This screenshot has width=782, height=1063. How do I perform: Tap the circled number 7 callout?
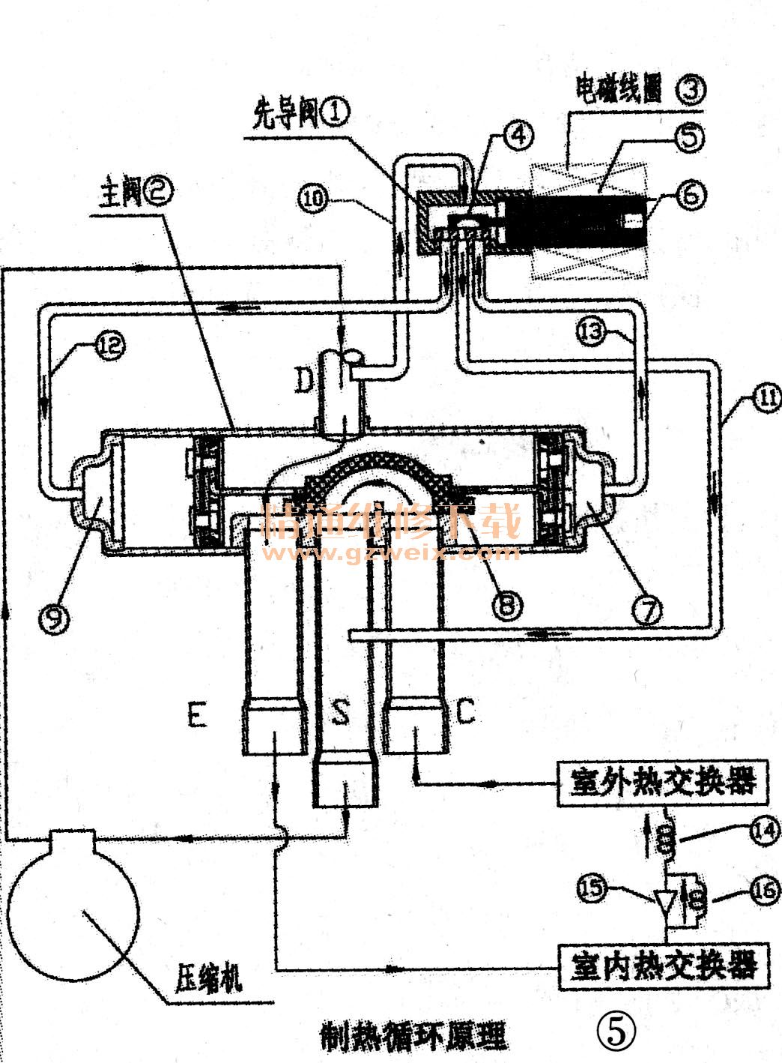click(646, 611)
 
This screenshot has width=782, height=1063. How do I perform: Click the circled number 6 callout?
click(689, 194)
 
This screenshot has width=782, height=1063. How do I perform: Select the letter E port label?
click(196, 715)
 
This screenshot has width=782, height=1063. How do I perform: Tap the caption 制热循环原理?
click(413, 1036)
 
